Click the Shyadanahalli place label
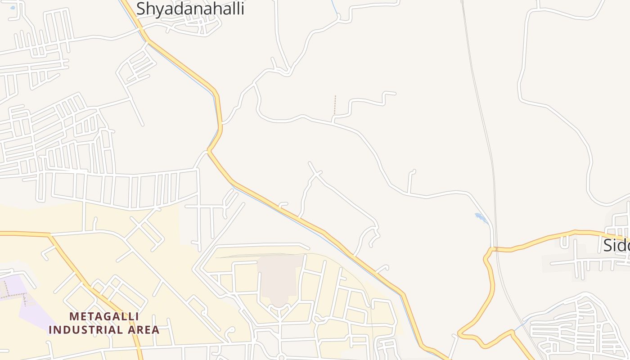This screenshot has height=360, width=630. coord(190,8)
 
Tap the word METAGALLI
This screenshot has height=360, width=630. coord(104,317)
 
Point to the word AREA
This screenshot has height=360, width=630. coord(145,330)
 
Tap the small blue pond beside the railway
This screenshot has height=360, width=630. coord(481,218)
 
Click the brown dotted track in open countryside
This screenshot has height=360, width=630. coord(335,106)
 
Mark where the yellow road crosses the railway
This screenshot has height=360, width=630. coord(495,249)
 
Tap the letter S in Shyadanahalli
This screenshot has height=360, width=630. coord(141,9)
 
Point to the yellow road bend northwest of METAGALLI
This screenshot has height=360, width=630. coord(50,234)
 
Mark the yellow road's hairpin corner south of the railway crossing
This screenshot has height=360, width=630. coord(460,333)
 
